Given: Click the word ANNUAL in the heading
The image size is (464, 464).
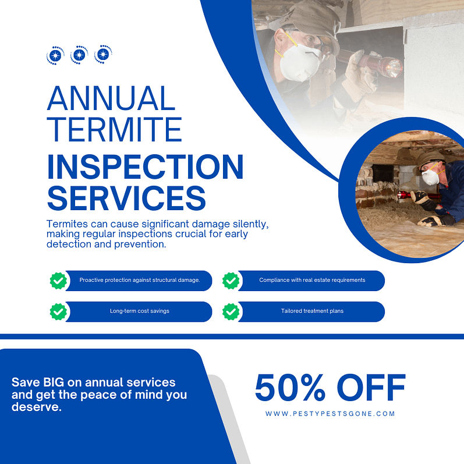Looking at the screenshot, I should pyautogui.click(x=111, y=98).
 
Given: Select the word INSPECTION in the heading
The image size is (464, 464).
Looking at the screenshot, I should pyautogui.click(x=145, y=167).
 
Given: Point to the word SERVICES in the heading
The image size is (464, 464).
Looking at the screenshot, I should pyautogui.click(x=126, y=199).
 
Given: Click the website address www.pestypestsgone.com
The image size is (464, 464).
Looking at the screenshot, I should pyautogui.click(x=330, y=414).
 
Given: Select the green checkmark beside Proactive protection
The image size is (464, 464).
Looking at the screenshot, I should pyautogui.click(x=58, y=281).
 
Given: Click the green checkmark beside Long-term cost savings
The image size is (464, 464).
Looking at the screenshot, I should pyautogui.click(x=58, y=311).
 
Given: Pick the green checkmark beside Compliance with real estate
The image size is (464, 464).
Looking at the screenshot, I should pyautogui.click(x=231, y=281).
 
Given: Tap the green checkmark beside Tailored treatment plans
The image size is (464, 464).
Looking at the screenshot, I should pyautogui.click(x=231, y=311).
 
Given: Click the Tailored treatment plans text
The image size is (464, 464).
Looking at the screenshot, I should pyautogui.click(x=312, y=311).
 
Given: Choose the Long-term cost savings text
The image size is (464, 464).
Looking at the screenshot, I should pyautogui.click(x=140, y=311).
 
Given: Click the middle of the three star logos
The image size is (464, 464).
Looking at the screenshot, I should pyautogui.click(x=79, y=55).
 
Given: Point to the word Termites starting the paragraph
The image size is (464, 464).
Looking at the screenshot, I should pyautogui.click(x=68, y=224).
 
